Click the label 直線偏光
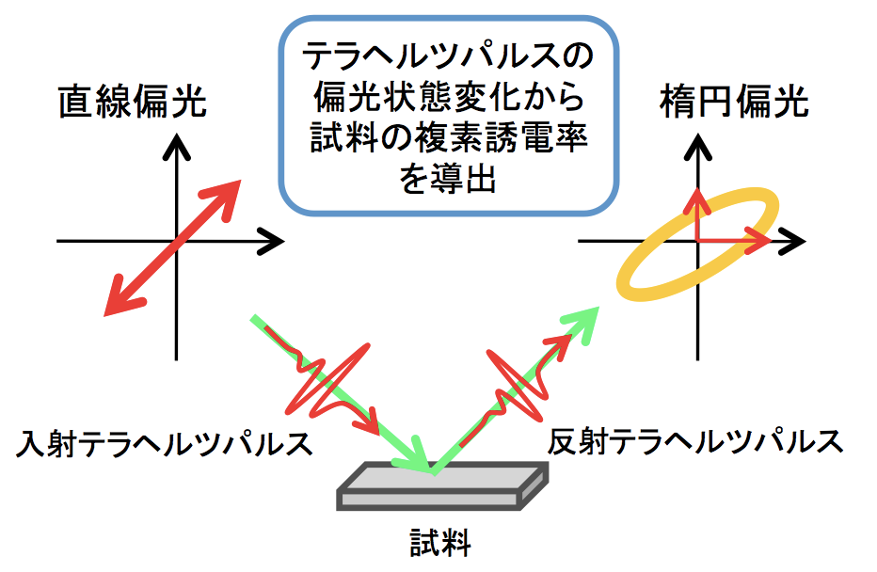133,101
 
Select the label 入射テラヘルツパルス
167,442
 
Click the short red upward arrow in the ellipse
696,212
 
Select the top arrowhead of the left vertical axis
176,146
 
